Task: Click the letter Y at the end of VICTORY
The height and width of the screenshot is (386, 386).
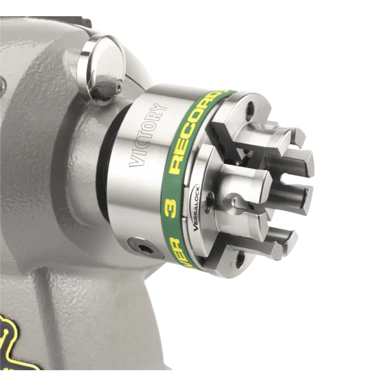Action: point(159,108)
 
